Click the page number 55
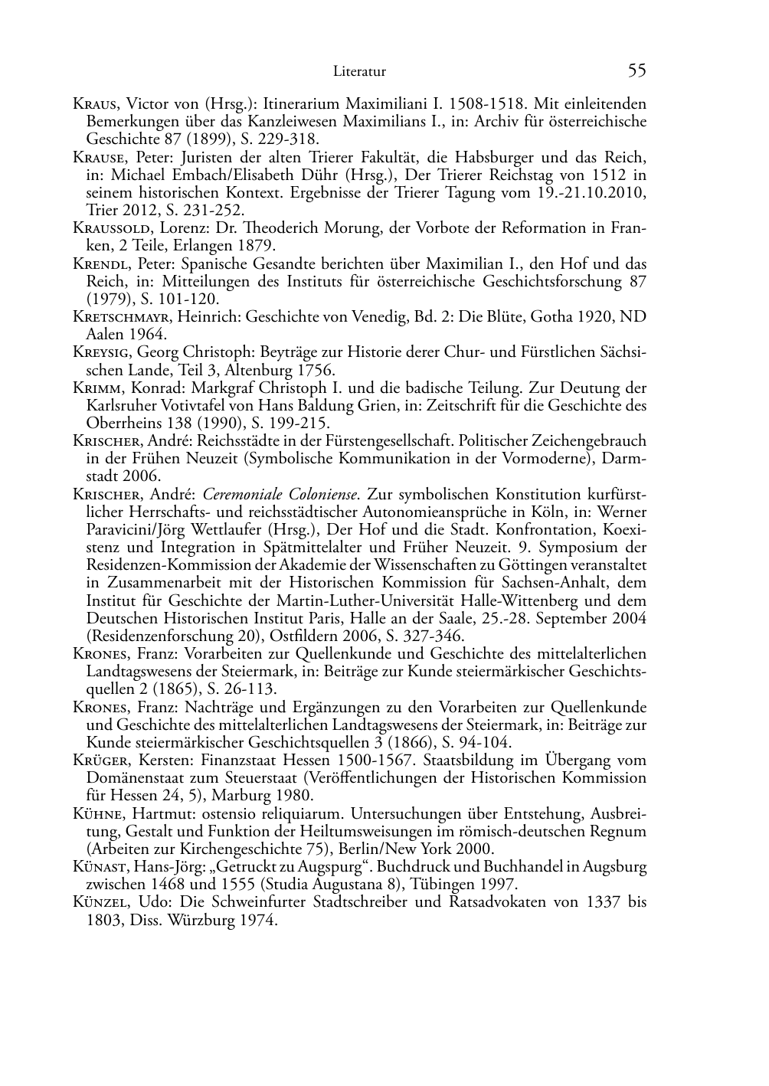pos(636,71)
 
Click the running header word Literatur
pos(359,72)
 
